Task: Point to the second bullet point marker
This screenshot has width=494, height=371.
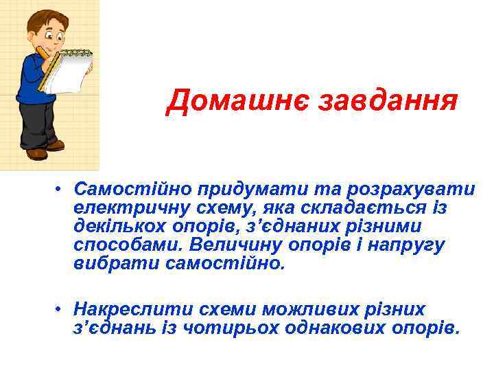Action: (61, 308)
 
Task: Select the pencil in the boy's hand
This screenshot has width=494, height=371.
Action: (42, 52)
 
